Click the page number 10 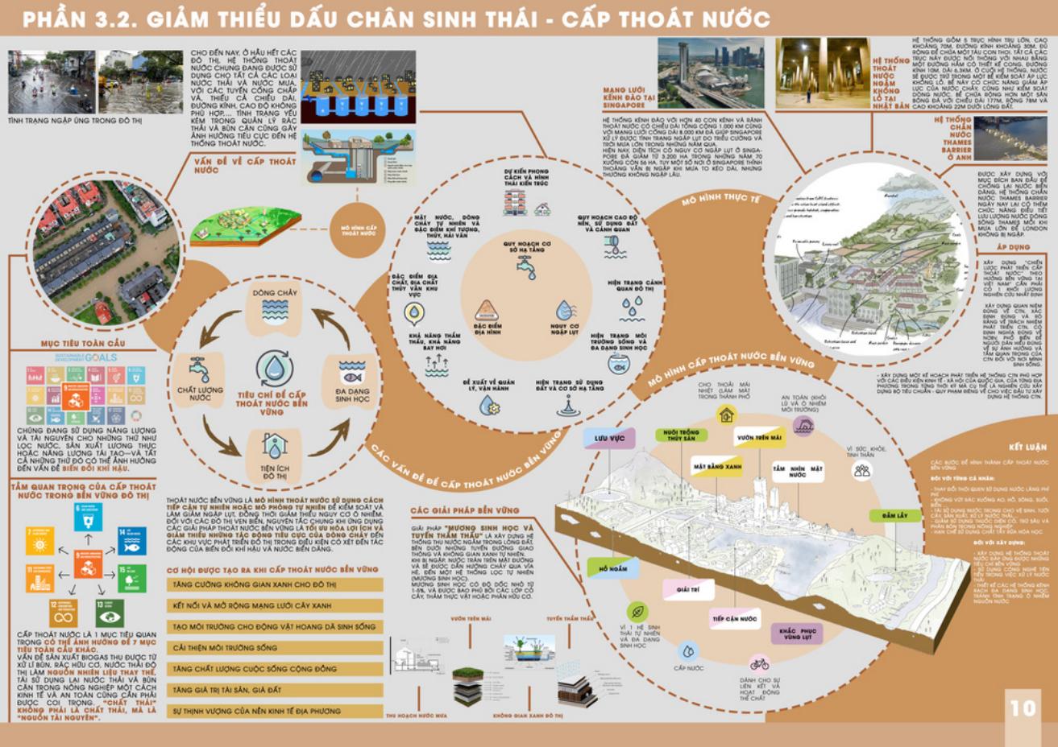pos(1022,708)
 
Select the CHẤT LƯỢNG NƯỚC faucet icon pos(199,369)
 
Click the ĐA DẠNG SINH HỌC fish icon pos(351,373)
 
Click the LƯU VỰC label pos(609,438)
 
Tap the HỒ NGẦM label pos(612,569)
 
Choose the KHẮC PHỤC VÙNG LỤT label pos(797,633)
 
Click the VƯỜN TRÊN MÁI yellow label pos(759,438)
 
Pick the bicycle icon pos(759,664)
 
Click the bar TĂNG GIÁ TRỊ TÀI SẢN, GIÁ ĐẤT pos(275,690)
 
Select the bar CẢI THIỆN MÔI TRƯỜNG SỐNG pos(275,648)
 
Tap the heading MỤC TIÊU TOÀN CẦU pos(83,344)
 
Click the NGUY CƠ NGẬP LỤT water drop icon pos(564,311)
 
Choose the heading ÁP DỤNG pos(1013,247)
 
